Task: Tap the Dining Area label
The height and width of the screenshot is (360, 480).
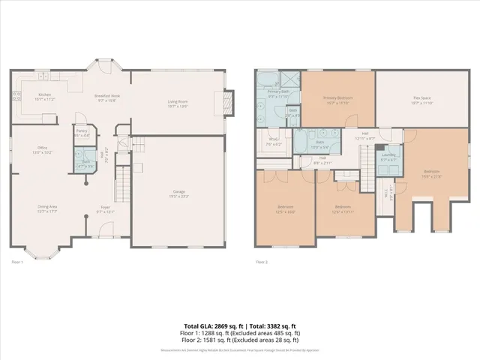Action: pos(48,208)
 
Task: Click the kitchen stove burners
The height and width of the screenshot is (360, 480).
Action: pos(16,95)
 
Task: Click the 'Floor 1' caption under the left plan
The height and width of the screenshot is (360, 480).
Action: pos(18,262)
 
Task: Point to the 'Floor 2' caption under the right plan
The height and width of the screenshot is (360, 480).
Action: pos(262,262)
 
